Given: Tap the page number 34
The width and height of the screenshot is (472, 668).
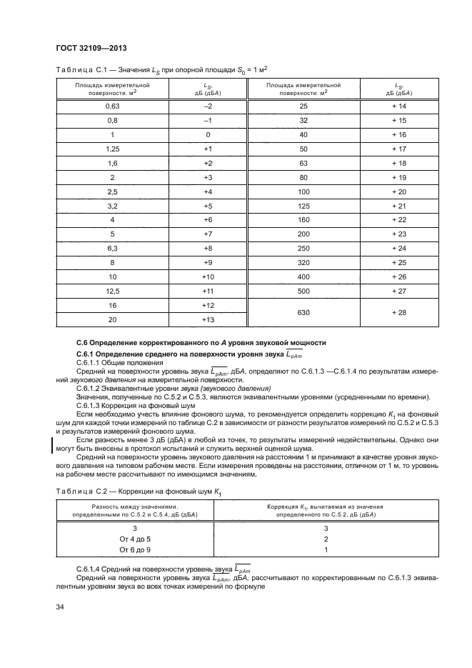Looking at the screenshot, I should (60, 607).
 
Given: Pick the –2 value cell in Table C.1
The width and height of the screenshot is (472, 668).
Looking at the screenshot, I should (209, 106).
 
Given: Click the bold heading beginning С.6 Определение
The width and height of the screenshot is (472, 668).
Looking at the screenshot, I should (201, 343).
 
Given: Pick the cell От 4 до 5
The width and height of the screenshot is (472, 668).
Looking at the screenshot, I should (131, 539).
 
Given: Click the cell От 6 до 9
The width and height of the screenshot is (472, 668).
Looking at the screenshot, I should (131, 551).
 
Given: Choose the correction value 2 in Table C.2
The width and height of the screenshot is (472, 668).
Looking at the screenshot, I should (325, 539).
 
